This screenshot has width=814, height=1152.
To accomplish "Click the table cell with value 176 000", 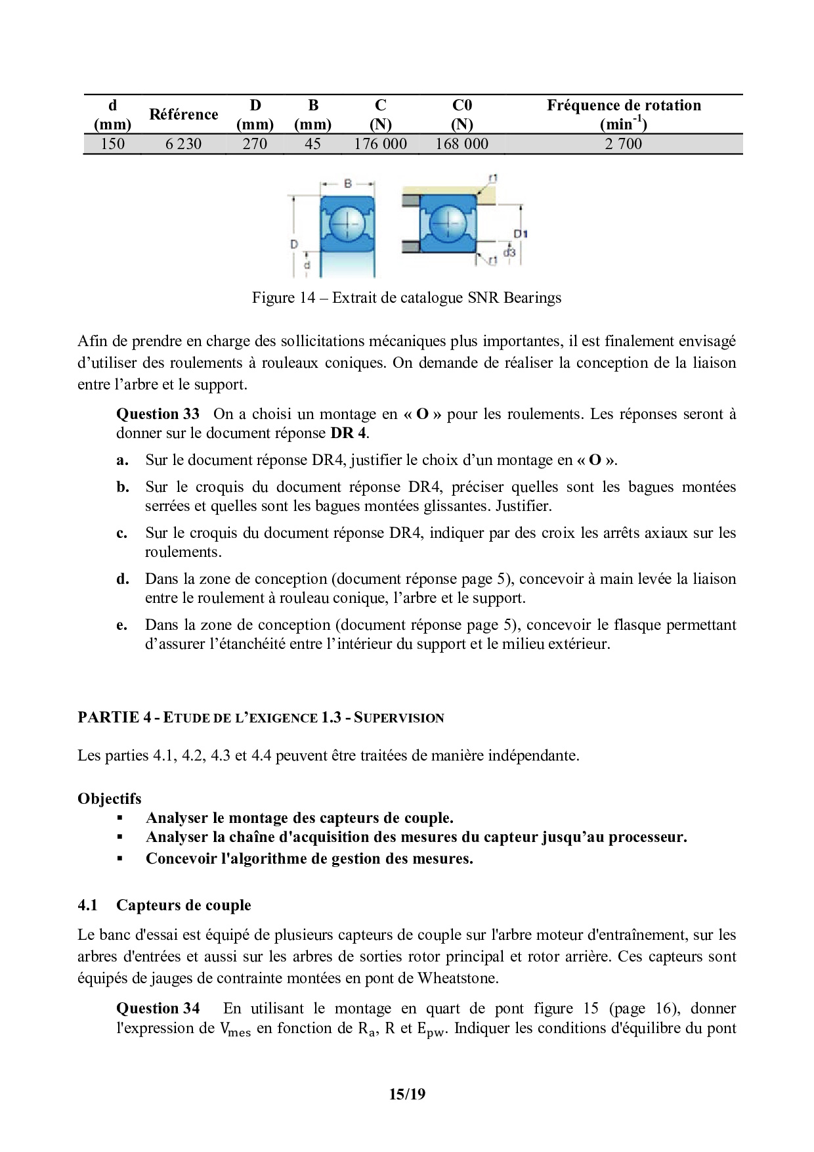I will (x=380, y=144).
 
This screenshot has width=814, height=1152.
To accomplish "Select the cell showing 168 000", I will (x=461, y=144).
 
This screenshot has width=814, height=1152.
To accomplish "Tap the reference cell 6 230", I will (x=183, y=144).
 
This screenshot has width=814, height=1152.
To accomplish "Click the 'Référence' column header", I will (x=183, y=114).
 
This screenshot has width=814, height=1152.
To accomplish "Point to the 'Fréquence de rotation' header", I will (x=624, y=106).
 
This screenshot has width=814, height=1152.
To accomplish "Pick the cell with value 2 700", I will (x=624, y=144).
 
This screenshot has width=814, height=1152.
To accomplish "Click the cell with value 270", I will (x=255, y=144).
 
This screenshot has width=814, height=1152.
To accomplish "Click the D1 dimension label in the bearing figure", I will (x=521, y=234).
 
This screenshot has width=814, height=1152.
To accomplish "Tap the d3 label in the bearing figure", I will (x=509, y=252).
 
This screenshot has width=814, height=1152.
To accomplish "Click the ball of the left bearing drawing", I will (x=347, y=224).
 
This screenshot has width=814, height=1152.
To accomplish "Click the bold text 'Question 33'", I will (x=158, y=414).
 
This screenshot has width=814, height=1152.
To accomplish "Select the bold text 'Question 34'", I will (x=158, y=1008).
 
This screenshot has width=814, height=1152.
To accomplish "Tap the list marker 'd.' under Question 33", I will (x=122, y=579).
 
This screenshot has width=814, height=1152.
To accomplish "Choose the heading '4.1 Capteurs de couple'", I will (x=164, y=905).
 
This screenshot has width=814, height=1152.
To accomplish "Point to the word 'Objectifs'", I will (x=109, y=799).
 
